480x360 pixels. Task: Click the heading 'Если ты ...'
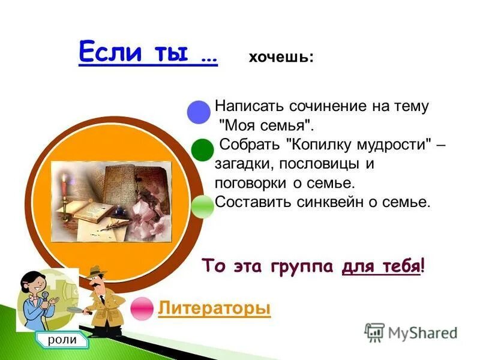pos(148,52)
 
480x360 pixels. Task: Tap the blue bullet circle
pos(199,112)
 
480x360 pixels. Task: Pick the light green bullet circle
pos(203,206)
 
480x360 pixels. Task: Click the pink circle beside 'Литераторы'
pos(142,308)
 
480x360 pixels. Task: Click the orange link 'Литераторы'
pos(214,308)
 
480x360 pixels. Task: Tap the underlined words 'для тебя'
pos(380,266)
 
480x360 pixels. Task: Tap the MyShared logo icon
pos(374,332)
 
